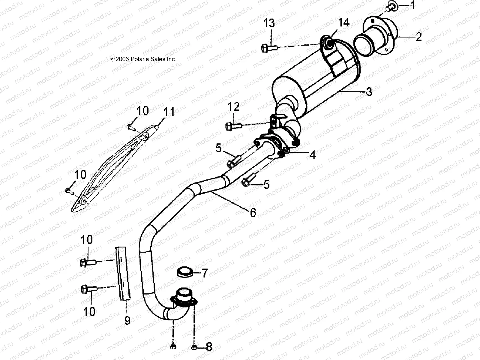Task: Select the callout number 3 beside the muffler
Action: pos(369,91)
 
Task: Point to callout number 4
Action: pos(312,155)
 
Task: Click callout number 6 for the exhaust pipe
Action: pos(253,213)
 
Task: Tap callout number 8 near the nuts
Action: pos(209,347)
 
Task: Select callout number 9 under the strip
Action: pos(127,321)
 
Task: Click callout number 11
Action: pos(169,112)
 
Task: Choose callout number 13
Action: pos(269,23)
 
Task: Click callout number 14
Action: pos(344,22)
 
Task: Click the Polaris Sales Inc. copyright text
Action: pos(143,59)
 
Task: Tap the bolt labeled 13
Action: pos(269,47)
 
